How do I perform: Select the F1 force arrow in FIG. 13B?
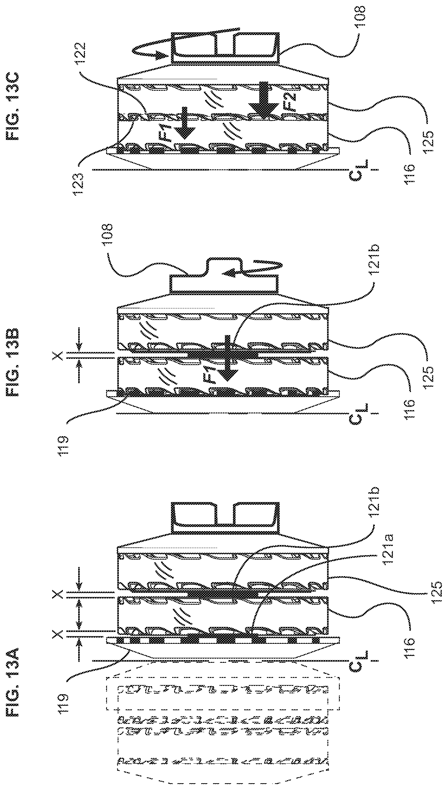click(x=227, y=358)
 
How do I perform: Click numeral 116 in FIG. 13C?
click(x=410, y=174)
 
